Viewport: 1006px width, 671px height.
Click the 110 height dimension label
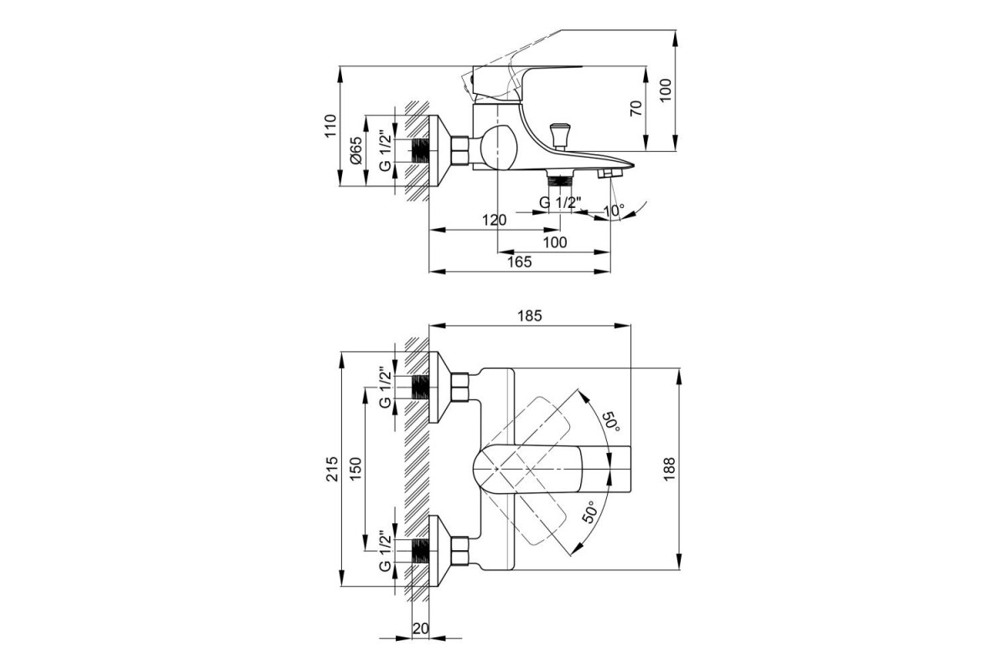click(x=330, y=126)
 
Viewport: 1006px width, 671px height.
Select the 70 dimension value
click(x=636, y=108)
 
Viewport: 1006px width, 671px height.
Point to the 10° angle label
click(x=614, y=211)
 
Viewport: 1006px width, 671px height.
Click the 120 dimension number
click(x=494, y=220)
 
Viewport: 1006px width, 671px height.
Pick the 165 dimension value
click(x=519, y=262)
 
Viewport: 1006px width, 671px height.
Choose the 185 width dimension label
click(x=530, y=316)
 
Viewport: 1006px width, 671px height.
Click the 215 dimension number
click(x=332, y=469)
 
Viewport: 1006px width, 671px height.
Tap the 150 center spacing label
click(x=355, y=469)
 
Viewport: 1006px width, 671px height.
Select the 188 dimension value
click(x=669, y=469)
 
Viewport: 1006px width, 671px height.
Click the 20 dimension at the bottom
click(x=421, y=628)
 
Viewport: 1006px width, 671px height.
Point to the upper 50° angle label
click(x=611, y=422)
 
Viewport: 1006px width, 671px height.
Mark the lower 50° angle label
click(x=590, y=512)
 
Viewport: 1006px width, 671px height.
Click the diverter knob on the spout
click(x=561, y=135)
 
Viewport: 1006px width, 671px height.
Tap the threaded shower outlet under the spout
click(x=560, y=178)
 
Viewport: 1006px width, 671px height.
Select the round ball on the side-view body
click(x=498, y=148)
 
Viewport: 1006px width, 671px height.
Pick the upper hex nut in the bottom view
click(x=459, y=387)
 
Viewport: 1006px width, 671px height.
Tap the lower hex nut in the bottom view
click(x=459, y=551)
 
